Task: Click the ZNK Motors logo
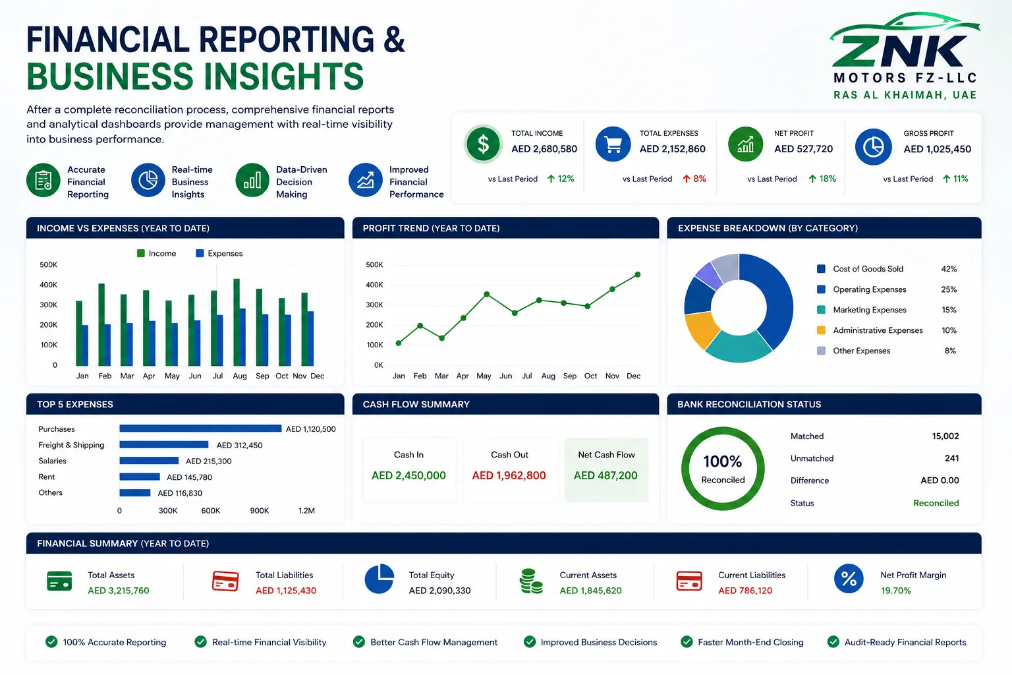click(905, 55)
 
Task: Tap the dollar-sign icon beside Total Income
click(483, 144)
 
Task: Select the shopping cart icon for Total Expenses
click(613, 144)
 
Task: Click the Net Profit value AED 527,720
click(803, 149)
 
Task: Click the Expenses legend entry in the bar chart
click(219, 253)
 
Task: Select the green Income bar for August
click(237, 322)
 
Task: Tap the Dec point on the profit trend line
click(638, 274)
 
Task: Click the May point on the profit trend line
click(487, 294)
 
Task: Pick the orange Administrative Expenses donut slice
click(701, 329)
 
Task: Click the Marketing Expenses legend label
click(869, 310)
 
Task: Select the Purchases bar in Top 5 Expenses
click(200, 428)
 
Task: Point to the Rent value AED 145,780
click(189, 477)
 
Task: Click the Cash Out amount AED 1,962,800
click(509, 475)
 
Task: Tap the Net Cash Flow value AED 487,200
click(605, 475)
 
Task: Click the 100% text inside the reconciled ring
click(722, 461)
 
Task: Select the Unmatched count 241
click(951, 458)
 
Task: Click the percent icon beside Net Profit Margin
click(849, 579)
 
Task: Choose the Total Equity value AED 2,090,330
click(439, 591)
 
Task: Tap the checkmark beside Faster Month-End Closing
click(687, 641)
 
